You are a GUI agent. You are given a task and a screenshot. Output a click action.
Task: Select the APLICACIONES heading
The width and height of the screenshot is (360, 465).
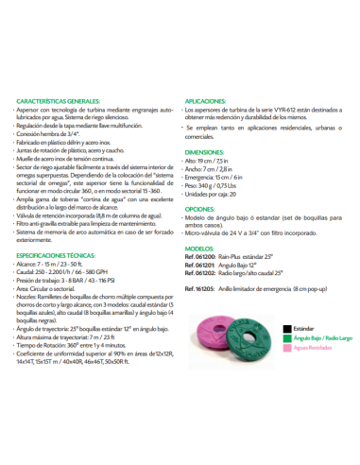pos(206,99)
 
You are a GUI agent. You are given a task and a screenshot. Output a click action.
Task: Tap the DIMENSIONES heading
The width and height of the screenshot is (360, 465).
pos(206,150)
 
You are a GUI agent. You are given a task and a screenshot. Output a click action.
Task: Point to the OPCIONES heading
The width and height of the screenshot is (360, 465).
pos(199,208)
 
